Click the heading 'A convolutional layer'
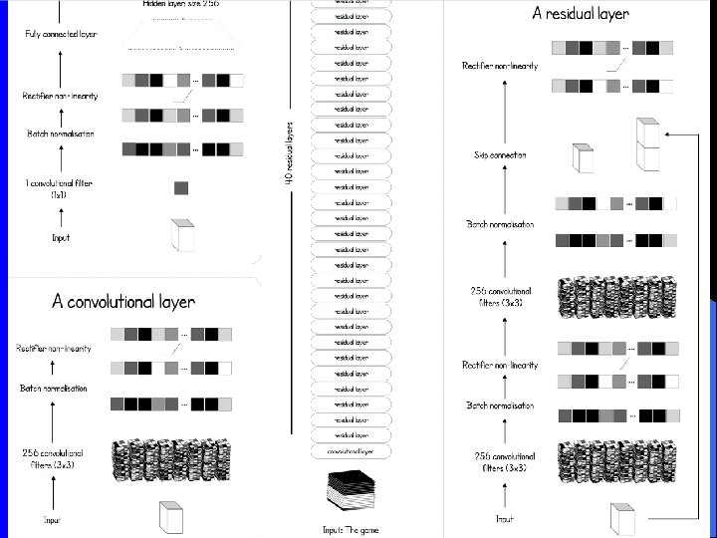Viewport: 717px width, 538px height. (123, 301)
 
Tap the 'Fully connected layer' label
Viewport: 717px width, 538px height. (61, 35)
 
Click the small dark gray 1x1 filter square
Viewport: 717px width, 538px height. (180, 187)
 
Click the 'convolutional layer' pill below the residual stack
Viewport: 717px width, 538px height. (352, 451)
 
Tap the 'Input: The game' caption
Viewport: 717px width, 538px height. (352, 530)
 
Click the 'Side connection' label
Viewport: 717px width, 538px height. (500, 155)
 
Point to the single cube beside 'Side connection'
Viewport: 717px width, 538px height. (583, 159)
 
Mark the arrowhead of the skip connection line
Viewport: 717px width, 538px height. (670, 133)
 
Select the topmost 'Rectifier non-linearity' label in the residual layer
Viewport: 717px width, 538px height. (500, 66)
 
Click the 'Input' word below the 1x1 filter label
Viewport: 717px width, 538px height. (61, 238)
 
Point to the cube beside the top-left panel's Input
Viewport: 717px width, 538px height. (183, 236)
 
